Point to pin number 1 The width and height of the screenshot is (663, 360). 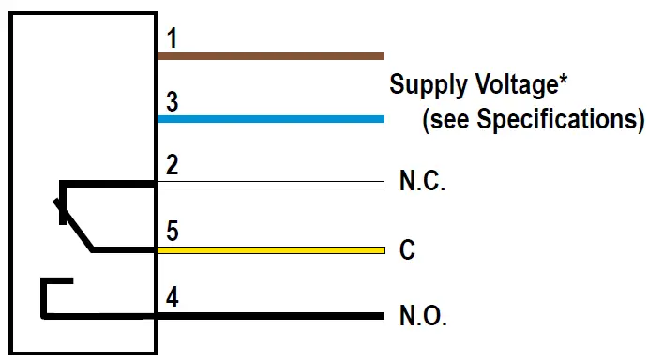pos(172,38)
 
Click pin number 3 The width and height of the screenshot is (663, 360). pos(172,101)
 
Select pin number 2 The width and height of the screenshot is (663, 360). pos(172,167)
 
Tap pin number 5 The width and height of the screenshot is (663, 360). pos(172,232)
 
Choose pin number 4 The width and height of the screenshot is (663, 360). pos(172,298)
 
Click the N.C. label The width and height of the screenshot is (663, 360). pos(422,183)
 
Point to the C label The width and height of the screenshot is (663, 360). pos(407,251)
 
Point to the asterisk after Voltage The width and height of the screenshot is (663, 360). pos(565,82)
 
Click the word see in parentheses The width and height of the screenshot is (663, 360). pos(450,121)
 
